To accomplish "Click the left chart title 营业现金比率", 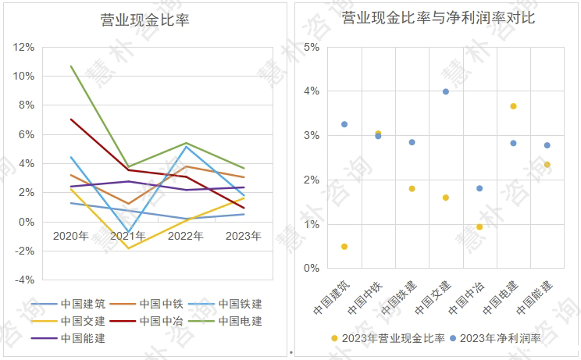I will click(x=145, y=20).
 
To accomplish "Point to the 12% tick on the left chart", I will click(x=23, y=47).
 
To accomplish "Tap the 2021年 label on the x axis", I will click(x=128, y=236).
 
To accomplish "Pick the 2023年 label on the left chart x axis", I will click(x=243, y=236).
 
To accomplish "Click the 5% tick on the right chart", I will click(x=311, y=47).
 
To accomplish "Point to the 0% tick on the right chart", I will click(x=311, y=269).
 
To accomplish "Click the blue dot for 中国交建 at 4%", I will click(x=446, y=91).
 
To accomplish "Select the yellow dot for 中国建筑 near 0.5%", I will click(x=344, y=247).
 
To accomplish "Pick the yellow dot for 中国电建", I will click(x=513, y=106).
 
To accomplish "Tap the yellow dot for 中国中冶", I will click(x=479, y=227).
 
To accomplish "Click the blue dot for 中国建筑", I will click(x=344, y=124).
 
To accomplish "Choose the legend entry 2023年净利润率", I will click(x=501, y=338).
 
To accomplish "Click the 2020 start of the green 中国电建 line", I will click(x=71, y=66).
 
